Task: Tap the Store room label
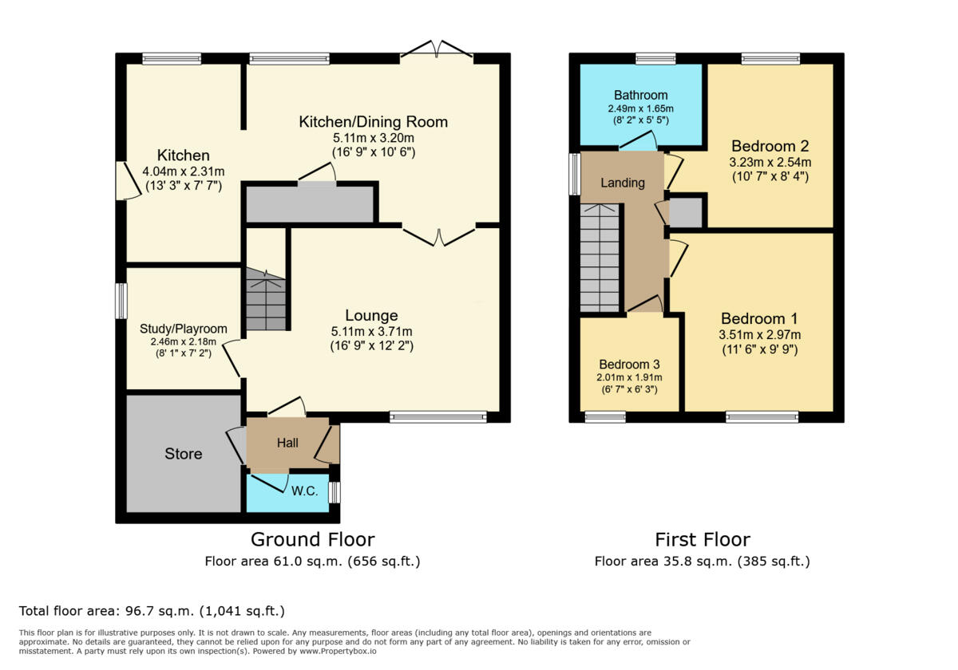[x=184, y=454]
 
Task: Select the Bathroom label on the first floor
[x=641, y=96]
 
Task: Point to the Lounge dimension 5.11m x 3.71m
[x=372, y=331]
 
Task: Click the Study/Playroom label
[x=184, y=329]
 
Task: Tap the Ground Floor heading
[x=312, y=540]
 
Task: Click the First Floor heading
[x=703, y=540]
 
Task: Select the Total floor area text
[x=152, y=611]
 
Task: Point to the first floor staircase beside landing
[x=600, y=257]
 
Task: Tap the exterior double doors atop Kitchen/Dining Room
[x=437, y=50]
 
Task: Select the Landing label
[x=623, y=183]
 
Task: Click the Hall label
[x=287, y=443]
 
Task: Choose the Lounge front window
[x=437, y=416]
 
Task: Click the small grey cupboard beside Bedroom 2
[x=686, y=213]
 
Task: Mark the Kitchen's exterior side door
[x=123, y=181]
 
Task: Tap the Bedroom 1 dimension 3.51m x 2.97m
[x=760, y=335]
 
